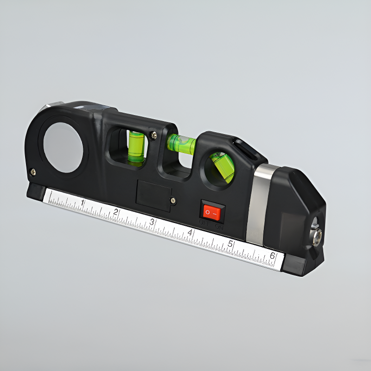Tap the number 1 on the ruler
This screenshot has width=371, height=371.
pyautogui.click(x=83, y=202)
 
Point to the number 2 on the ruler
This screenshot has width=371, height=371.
pyautogui.click(x=115, y=212)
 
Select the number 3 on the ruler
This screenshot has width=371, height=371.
pyautogui.click(x=152, y=222)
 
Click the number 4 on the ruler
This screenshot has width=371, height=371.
pyautogui.click(x=190, y=232)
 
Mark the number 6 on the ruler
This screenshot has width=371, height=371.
pyautogui.click(x=273, y=256)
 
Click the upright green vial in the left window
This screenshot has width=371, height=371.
pyautogui.click(x=136, y=147)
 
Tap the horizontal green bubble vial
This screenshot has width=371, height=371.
pyautogui.click(x=181, y=143)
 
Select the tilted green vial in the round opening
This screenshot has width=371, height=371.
pyautogui.click(x=223, y=166)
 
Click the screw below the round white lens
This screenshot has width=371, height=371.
pyautogui.click(x=33, y=172)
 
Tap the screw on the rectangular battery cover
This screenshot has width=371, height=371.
pyautogui.click(x=173, y=200)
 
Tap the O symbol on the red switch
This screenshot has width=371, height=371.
pyautogui.click(x=208, y=212)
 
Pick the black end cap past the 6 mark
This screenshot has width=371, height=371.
pyautogui.click(x=294, y=264)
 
